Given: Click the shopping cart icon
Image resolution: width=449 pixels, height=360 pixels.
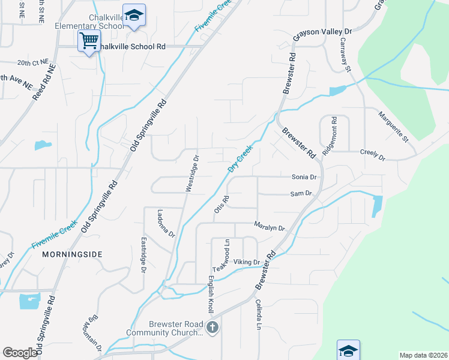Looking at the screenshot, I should click(89, 41).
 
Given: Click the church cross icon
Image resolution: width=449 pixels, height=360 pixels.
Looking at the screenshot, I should click(211, 328).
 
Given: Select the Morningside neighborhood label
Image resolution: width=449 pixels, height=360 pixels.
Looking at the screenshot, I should click(73, 254).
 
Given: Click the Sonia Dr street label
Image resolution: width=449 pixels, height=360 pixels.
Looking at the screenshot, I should click(304, 177).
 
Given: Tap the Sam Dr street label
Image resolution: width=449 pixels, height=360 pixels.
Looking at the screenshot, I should click(301, 193).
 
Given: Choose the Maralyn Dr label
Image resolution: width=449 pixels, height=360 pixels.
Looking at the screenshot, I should click(268, 227).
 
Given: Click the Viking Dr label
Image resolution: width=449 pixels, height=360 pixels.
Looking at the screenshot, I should click(246, 262).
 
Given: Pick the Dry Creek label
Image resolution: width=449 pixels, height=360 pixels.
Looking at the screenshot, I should click(240, 158).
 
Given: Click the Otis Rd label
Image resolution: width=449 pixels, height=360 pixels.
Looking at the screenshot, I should click(220, 205).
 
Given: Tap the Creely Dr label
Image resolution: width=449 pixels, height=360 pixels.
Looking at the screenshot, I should click(372, 155).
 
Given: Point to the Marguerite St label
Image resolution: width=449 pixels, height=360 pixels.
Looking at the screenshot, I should click(393, 127).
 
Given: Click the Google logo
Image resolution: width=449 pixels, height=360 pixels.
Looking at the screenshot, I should click(20, 353).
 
